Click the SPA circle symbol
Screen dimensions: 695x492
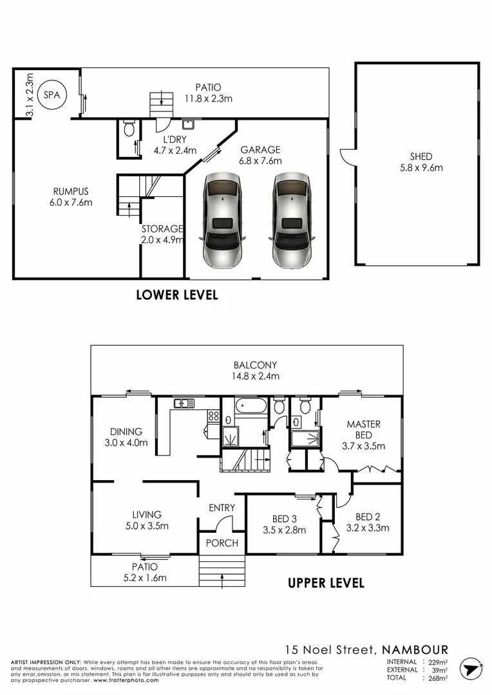tap(50, 95)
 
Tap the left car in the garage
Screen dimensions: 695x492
tap(222, 220)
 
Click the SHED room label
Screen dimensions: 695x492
tap(421, 156)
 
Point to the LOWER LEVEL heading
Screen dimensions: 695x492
tap(177, 295)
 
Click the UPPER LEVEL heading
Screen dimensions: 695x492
tap(326, 583)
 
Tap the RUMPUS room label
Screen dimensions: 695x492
tap(71, 191)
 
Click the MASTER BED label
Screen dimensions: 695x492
tap(364, 429)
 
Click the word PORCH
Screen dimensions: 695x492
tap(222, 543)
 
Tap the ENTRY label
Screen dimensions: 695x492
tap(222, 508)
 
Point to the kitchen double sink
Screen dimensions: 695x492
tap(184, 403)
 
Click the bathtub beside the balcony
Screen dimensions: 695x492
tap(249, 407)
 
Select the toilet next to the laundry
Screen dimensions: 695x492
tap(128, 129)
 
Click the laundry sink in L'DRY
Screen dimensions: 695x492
tap(189, 124)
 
